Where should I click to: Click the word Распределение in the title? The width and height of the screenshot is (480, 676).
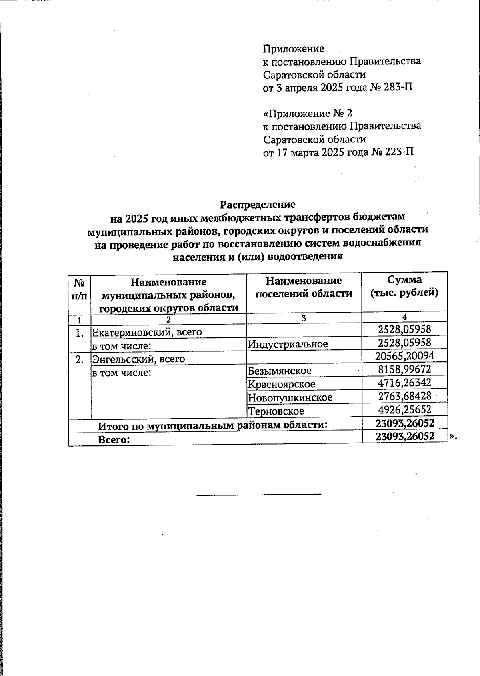tap(258, 205)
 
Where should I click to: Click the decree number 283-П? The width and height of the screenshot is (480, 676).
tap(398, 88)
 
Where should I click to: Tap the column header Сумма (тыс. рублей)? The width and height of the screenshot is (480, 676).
tap(404, 286)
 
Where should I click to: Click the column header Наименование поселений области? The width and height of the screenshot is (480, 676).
tap(304, 287)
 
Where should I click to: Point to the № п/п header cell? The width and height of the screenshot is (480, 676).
tap(79, 289)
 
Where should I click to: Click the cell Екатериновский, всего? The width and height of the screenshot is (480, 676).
tap(147, 332)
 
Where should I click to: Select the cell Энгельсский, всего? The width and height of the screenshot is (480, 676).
tap(139, 359)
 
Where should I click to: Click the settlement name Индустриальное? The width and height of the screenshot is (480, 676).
tap(288, 344)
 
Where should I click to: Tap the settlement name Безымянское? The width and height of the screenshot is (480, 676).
tap(280, 371)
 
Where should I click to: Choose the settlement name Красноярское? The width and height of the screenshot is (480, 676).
tap(281, 384)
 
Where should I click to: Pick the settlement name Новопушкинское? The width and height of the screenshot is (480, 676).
tap(290, 398)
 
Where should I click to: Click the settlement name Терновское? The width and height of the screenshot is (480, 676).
tap(276, 411)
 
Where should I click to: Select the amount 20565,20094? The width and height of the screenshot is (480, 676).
tap(404, 356)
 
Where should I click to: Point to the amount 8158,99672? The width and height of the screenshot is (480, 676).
tap(404, 369)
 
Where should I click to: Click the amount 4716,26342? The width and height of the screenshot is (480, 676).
tap(404, 383)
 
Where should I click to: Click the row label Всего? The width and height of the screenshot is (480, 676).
tap(114, 440)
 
